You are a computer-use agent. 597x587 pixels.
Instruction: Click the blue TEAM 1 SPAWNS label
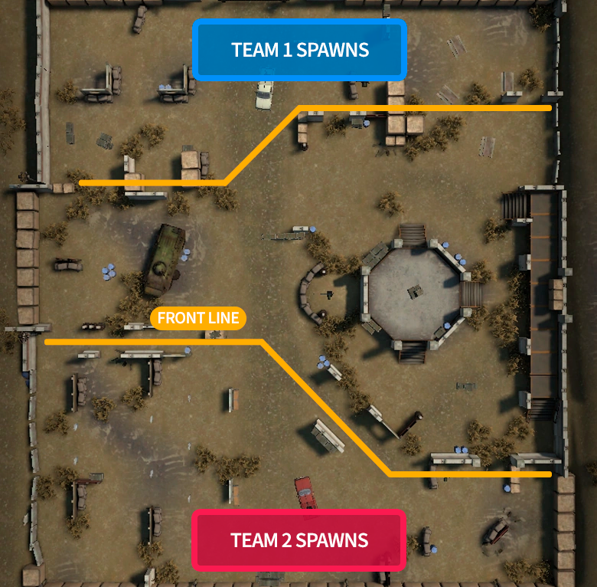coord(299,50)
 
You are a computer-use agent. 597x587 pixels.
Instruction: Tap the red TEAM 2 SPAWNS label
coord(298,540)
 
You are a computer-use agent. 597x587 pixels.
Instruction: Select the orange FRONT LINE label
coord(198,318)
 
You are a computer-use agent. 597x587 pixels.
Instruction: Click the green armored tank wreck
coord(165,260)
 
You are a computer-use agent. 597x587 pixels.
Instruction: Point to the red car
coord(305,492)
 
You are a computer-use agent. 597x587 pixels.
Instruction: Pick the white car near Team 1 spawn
coord(264,95)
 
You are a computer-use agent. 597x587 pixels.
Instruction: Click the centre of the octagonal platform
coord(414,293)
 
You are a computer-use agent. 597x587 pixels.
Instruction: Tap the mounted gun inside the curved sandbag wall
coord(328,294)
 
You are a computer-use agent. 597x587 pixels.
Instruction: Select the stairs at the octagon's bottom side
coord(412,352)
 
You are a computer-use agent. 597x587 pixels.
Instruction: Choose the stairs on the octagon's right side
coord(471,293)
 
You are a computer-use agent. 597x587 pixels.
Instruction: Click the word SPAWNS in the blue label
coord(332,50)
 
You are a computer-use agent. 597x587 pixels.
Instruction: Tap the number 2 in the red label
coord(286,540)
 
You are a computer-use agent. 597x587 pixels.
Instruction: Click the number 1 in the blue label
coord(287,50)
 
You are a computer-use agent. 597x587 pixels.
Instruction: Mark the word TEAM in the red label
coord(254,540)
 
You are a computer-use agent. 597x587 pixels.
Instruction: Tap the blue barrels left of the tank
coord(109,271)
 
